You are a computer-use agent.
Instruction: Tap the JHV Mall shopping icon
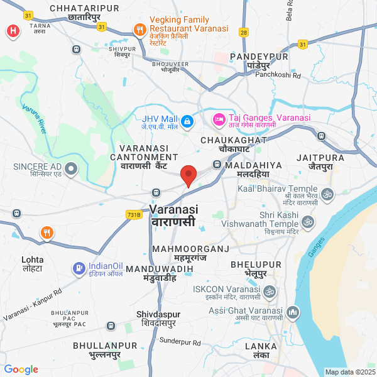point(187,120)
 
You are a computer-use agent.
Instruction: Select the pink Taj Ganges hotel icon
point(219,118)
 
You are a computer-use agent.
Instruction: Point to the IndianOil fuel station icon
point(79,269)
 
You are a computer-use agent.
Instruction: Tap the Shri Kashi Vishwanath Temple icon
point(308,222)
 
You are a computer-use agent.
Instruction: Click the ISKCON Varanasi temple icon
point(269,293)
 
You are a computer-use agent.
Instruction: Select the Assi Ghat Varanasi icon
point(292,312)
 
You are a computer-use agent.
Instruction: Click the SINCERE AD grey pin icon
point(70,168)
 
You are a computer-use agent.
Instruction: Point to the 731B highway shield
point(134,215)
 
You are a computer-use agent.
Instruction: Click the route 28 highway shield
point(243,31)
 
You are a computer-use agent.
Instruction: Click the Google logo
point(21,369)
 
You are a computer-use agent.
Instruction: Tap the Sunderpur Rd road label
point(180,342)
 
